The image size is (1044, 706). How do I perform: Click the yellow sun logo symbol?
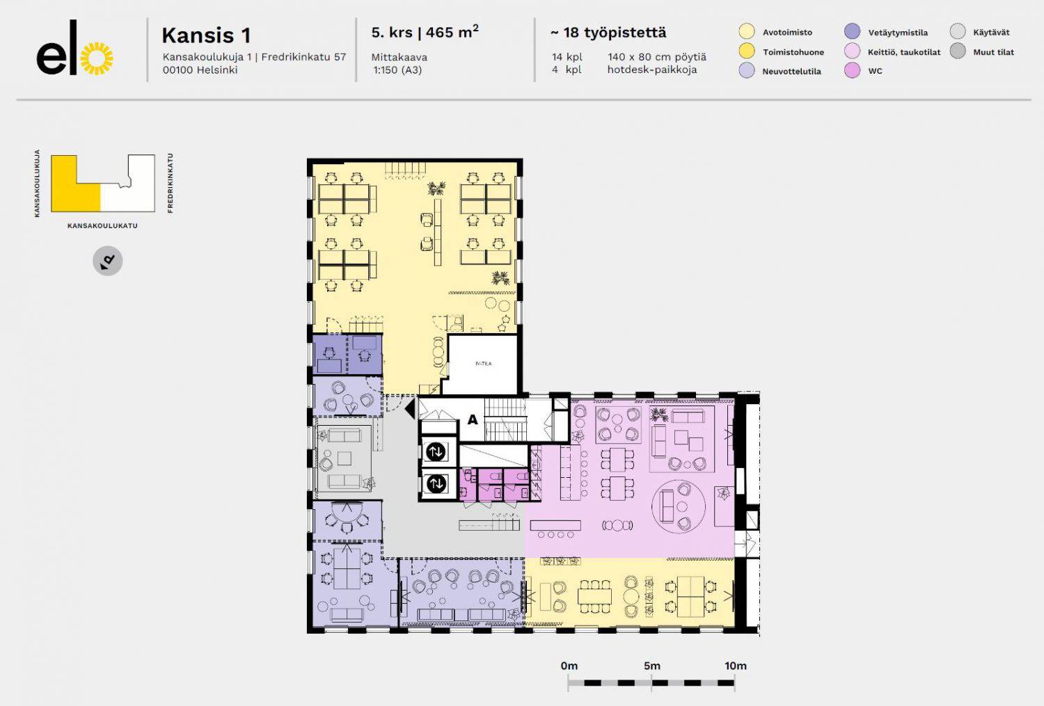[97, 58]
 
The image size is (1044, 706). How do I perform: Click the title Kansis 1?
[206, 35]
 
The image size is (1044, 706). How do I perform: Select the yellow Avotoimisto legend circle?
[747, 32]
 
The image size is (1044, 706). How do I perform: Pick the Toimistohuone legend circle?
[747, 51]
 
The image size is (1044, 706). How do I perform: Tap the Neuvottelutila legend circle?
[747, 70]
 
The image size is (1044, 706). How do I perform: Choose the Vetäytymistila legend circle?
[852, 32]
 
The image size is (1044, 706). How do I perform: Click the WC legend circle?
[852, 70]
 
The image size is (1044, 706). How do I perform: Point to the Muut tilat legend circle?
[958, 51]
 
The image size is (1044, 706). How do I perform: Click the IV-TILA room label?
[483, 364]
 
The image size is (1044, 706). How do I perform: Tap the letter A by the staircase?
[473, 419]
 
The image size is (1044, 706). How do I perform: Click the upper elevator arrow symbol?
[436, 451]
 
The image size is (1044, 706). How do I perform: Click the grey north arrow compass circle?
[108, 261]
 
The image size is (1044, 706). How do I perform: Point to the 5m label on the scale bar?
[652, 666]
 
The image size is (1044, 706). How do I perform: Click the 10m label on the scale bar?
[736, 666]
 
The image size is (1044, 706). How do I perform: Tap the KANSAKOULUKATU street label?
[102, 226]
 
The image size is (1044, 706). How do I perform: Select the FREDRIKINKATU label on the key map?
[170, 183]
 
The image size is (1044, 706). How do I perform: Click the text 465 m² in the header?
[452, 32]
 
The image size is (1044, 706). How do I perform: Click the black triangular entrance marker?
[410, 409]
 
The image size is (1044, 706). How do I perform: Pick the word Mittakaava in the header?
[399, 57]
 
